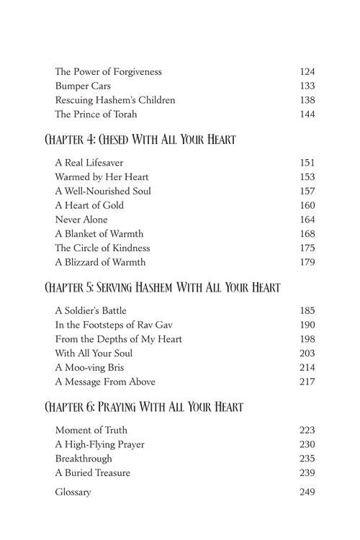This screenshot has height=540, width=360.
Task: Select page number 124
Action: point(307,72)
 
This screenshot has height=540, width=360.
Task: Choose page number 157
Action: point(307,192)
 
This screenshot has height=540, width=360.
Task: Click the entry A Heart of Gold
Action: point(90,205)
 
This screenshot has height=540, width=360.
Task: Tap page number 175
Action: point(307,248)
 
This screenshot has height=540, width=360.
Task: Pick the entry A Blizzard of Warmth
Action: point(100,262)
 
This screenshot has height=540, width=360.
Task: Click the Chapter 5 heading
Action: point(162,287)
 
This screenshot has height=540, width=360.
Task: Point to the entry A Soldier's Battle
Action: point(91,311)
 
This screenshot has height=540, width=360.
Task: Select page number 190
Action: point(307,325)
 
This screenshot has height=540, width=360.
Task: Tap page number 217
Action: point(307,382)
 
